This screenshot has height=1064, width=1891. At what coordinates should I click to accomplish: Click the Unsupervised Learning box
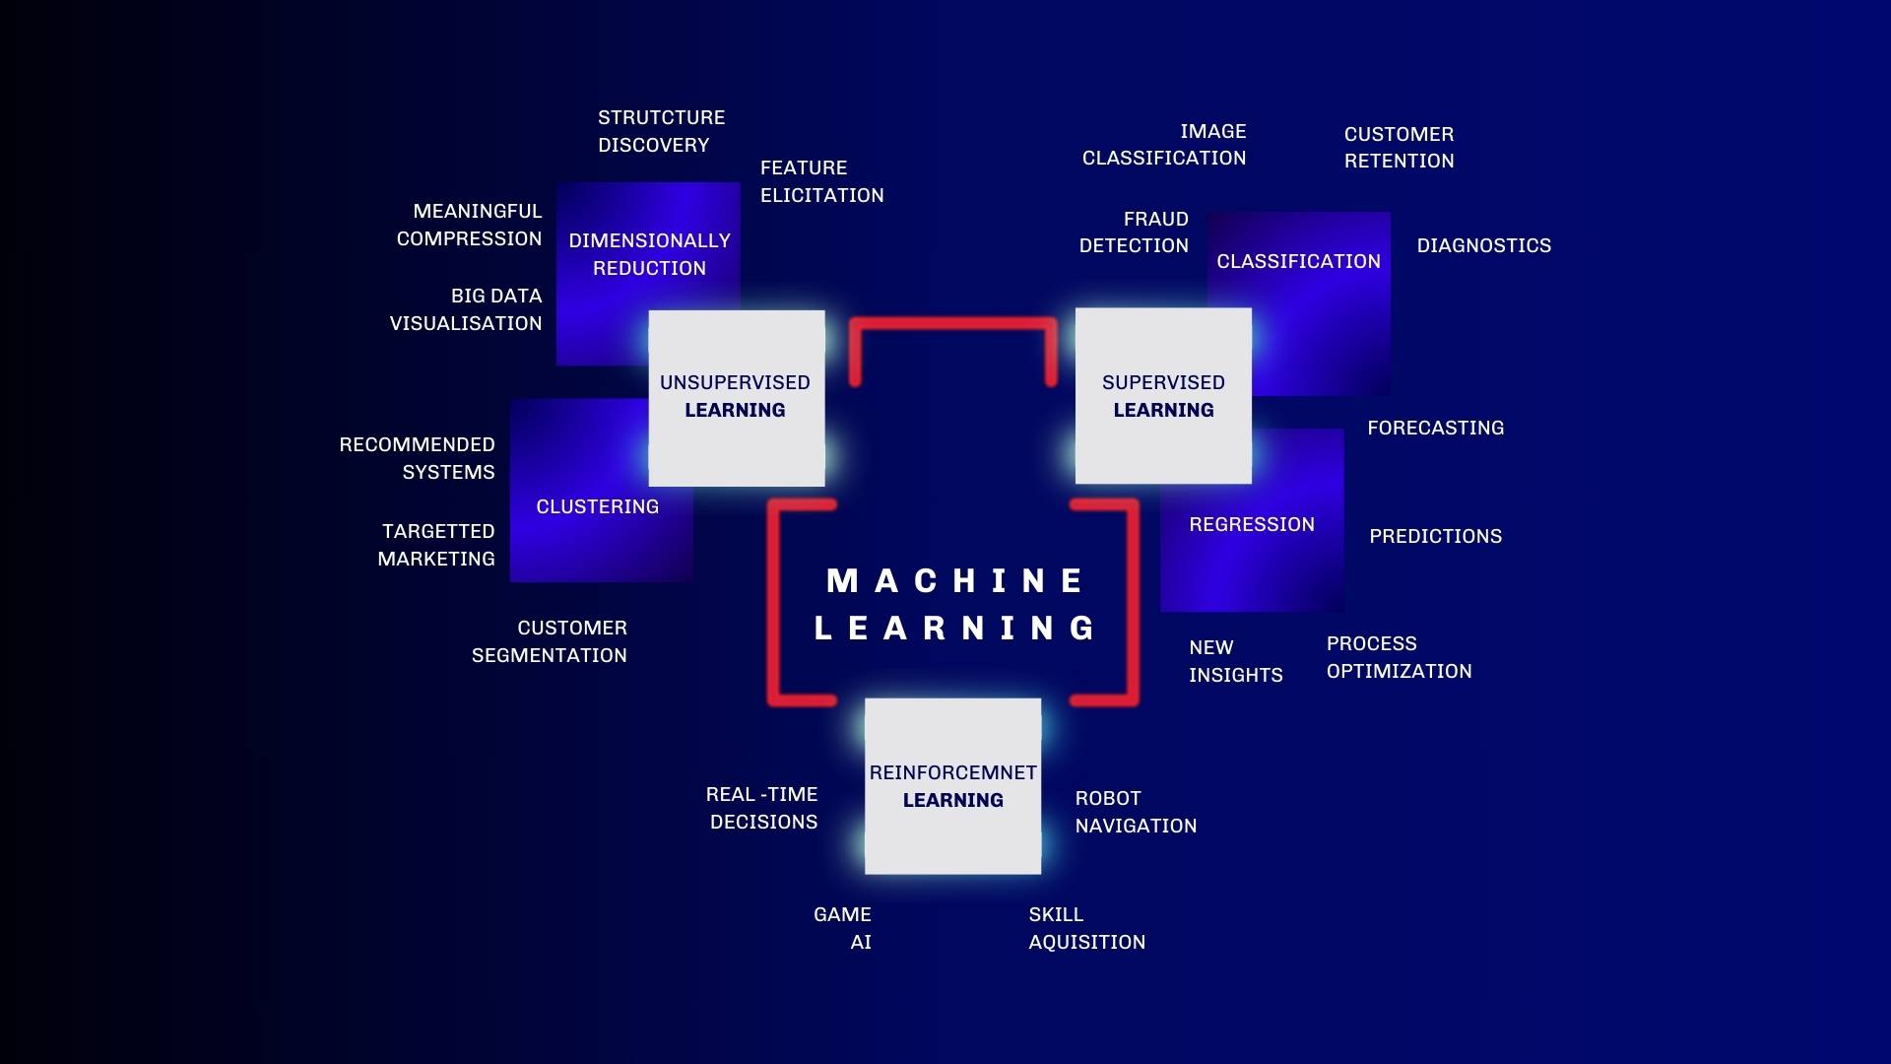click(737, 398)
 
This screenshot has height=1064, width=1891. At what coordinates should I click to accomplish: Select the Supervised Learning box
click(1163, 396)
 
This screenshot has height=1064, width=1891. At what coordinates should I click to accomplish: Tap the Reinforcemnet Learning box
click(952, 786)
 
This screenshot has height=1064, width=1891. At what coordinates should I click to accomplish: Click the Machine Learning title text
click(954, 604)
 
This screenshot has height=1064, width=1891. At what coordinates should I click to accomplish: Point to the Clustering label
click(598, 506)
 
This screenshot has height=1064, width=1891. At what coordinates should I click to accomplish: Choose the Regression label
click(1252, 524)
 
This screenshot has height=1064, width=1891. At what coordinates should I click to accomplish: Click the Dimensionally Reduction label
click(649, 254)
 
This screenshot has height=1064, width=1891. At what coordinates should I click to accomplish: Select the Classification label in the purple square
click(1298, 261)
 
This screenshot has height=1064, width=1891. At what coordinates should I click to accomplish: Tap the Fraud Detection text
click(1134, 233)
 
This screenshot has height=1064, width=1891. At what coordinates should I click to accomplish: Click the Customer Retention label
click(1399, 148)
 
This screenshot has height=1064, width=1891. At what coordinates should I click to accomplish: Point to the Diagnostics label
click(1484, 245)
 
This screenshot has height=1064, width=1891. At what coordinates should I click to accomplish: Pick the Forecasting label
click(1435, 428)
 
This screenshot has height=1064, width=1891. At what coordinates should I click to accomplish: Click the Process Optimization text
click(1399, 657)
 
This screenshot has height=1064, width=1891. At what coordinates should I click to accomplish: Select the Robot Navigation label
click(1136, 812)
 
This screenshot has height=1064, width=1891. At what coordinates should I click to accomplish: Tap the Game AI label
click(842, 928)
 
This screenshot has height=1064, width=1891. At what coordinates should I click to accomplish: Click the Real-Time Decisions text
click(761, 808)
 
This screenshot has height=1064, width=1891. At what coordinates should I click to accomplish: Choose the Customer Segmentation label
click(549, 641)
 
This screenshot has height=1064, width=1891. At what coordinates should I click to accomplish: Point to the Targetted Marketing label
click(436, 545)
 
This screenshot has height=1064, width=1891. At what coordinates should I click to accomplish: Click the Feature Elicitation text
click(821, 181)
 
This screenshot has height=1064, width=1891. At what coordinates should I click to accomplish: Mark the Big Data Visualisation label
click(466, 309)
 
